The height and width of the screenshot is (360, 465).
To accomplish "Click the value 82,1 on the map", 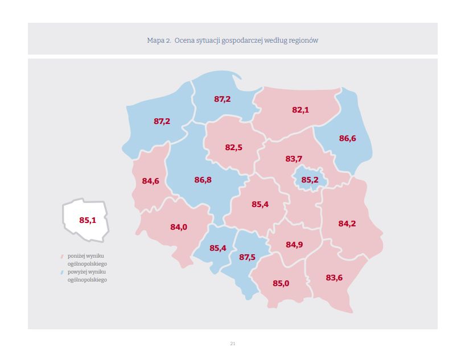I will [x=301, y=110].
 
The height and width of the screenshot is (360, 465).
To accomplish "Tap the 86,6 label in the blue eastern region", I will [x=347, y=138].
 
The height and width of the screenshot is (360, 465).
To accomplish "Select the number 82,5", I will [x=233, y=147].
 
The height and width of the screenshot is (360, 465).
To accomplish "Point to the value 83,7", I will [x=294, y=159].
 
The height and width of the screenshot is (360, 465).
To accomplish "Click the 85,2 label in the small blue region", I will [x=310, y=180].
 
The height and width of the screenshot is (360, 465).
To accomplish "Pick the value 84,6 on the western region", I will [x=150, y=181].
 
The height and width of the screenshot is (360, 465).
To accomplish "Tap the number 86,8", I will [x=203, y=180].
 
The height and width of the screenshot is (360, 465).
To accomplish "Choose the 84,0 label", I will [x=179, y=227].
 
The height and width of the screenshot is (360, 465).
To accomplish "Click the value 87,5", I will [x=247, y=257].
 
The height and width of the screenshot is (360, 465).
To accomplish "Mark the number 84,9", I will [x=294, y=245].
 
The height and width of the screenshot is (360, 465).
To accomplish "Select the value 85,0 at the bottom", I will [x=281, y=283].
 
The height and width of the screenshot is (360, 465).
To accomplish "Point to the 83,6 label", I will [x=334, y=278].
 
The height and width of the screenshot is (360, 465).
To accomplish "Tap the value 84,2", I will [x=347, y=224].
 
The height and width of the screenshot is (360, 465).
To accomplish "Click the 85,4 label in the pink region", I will [x=260, y=204].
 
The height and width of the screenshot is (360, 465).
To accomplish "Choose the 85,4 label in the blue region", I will [x=218, y=248].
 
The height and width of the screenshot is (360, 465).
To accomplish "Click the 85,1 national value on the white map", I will [x=88, y=220].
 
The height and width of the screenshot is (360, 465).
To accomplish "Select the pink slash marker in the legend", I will [x=61, y=256].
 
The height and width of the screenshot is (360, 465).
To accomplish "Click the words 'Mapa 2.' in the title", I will [x=159, y=40].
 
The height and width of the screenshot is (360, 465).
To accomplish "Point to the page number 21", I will [x=232, y=344].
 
